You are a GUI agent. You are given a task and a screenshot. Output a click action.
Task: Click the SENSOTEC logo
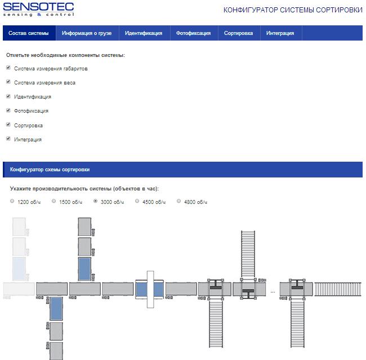pyautogui.click(x=38, y=10)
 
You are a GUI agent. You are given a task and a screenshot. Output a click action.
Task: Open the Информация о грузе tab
pyautogui.click(x=87, y=33)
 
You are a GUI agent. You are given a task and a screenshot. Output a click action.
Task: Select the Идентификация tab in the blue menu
pyautogui.click(x=144, y=33)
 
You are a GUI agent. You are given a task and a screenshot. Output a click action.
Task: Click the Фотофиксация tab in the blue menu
pyautogui.click(x=193, y=33)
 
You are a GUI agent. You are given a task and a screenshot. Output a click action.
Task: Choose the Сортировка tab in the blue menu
pyautogui.click(x=238, y=33)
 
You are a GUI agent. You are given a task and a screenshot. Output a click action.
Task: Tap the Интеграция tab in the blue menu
pyautogui.click(x=280, y=33)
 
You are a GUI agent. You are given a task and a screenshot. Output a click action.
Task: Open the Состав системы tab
pyautogui.click(x=29, y=33)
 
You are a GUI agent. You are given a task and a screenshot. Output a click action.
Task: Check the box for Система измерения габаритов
pyautogui.click(x=8, y=68)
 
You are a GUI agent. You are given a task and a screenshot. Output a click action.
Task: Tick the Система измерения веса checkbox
pyautogui.click(x=8, y=82)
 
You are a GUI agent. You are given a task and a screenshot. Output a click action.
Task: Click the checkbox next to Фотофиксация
pyautogui.click(x=8, y=110)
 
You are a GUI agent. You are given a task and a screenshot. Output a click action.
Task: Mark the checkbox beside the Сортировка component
pyautogui.click(x=8, y=125)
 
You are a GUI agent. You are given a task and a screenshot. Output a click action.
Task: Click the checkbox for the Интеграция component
pyautogui.click(x=8, y=139)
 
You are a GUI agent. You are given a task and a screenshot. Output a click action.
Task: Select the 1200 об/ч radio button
pyautogui.click(x=12, y=201)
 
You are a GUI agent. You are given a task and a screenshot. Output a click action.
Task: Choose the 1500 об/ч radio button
pyautogui.click(x=53, y=201)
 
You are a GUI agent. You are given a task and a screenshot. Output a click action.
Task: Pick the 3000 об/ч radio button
pyautogui.click(x=95, y=201)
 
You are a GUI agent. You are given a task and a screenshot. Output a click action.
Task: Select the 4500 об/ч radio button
pyautogui.click(x=137, y=201)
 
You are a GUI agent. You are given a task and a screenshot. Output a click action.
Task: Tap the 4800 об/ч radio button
pyautogui.click(x=178, y=201)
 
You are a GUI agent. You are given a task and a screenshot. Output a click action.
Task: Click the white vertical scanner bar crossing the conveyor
pyautogui.click(x=150, y=289)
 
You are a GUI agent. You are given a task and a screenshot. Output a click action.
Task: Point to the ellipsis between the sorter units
pyautogui.click(x=273, y=292)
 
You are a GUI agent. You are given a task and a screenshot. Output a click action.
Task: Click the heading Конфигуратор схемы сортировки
pyautogui.click(x=50, y=170)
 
